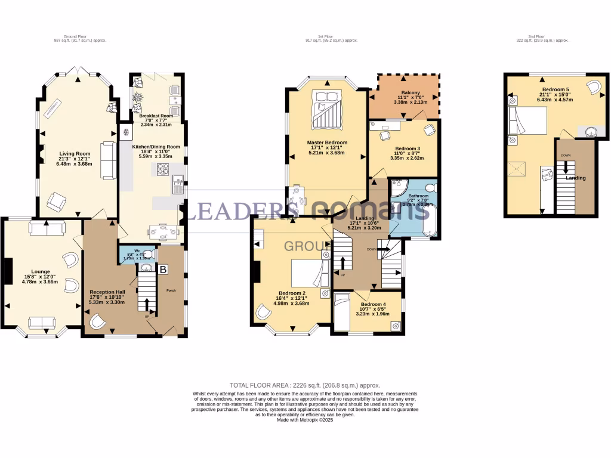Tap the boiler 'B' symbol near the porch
[163, 270]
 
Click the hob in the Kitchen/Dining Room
[163, 170]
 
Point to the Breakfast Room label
[156, 115]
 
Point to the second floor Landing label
[576, 178]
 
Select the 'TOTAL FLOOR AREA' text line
[305, 385]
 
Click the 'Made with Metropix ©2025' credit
[305, 419]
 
